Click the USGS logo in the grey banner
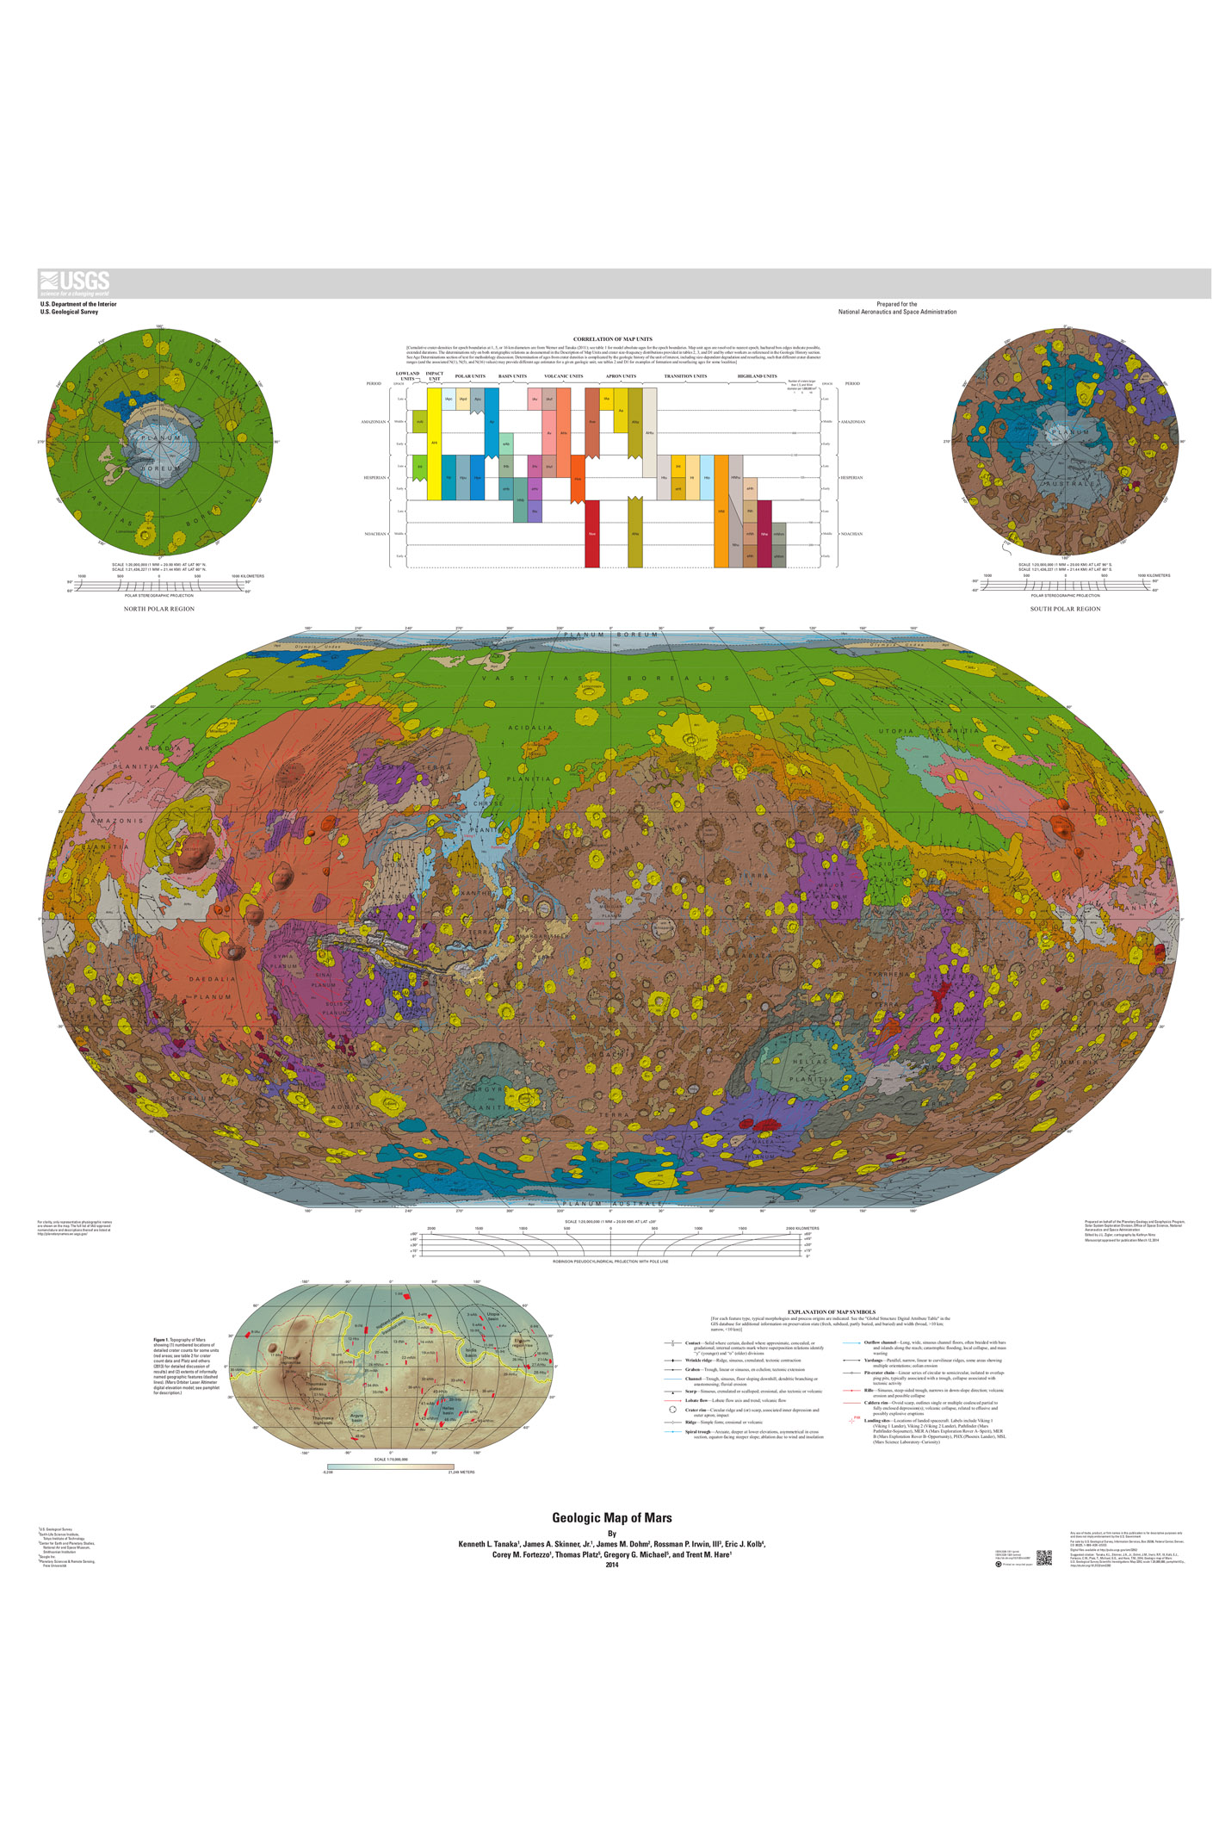click(74, 282)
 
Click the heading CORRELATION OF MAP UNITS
click(612, 339)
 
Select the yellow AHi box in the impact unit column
click(434, 442)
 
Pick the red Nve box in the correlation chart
click(592, 534)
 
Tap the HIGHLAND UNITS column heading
click(757, 376)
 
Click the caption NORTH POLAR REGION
click(159, 609)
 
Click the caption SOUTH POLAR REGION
click(1065, 609)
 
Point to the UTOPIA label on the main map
click(896, 731)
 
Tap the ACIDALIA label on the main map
click(531, 728)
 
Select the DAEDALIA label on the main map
click(212, 979)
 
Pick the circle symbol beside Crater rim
click(672, 1410)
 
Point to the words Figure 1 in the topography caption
click(160, 1340)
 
